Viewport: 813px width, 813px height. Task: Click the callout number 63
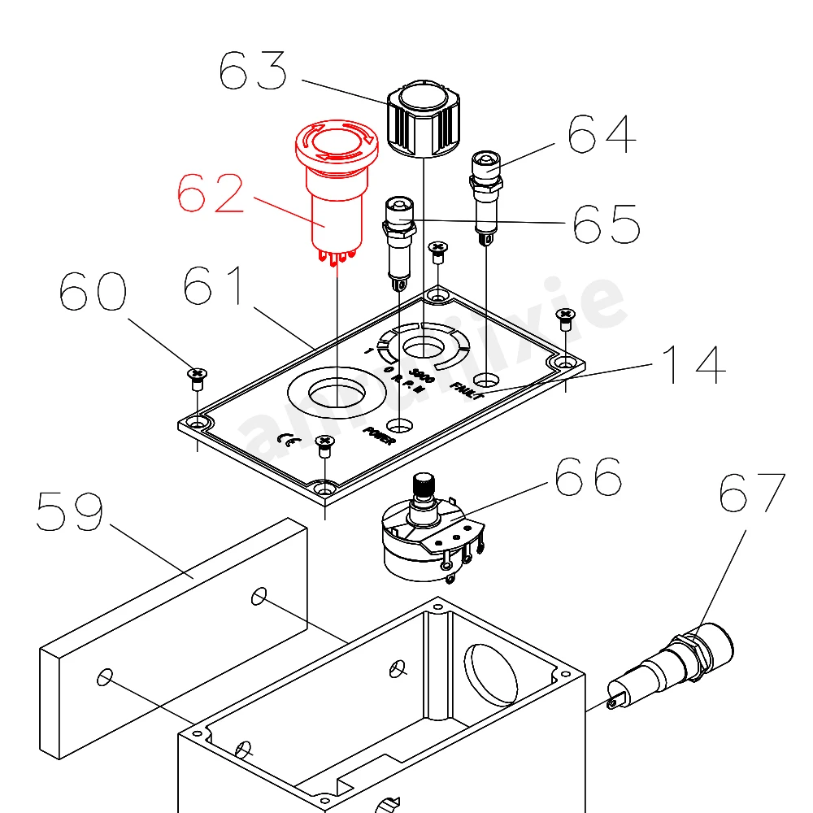[254, 72]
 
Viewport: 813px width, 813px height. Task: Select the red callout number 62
[211, 194]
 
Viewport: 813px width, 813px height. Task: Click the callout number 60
[93, 291]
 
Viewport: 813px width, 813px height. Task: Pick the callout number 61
[213, 286]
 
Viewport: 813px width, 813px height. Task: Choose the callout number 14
[693, 365]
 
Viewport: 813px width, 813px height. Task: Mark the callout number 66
[588, 477]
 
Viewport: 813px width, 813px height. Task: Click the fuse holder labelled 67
[675, 663]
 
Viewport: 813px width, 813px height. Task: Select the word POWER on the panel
[380, 436]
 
